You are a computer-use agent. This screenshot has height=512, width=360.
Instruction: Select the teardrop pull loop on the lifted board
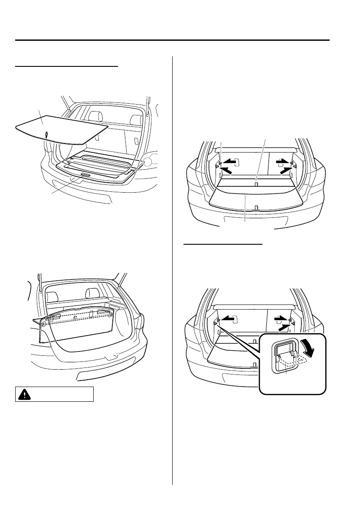[46, 135]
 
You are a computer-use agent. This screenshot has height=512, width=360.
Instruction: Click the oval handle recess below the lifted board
[85, 174]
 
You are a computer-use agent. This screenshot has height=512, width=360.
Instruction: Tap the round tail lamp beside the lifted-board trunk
[148, 162]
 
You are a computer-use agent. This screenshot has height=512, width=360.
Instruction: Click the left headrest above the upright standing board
[52, 297]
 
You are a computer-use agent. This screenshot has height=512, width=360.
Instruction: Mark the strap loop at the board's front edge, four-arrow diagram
[257, 207]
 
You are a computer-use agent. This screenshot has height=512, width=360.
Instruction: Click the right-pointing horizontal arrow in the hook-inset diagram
[282, 319]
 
